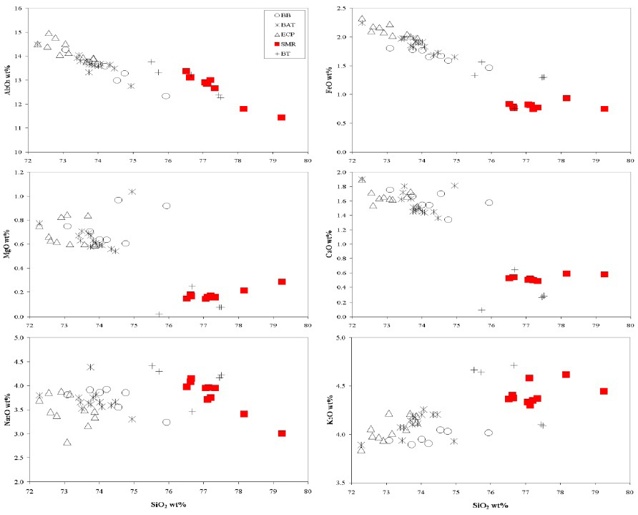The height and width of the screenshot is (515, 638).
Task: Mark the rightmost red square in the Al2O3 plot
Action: pos(282,117)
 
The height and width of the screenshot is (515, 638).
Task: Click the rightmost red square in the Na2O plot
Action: pos(282,433)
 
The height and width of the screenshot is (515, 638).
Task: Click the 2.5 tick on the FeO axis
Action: pos(341,8)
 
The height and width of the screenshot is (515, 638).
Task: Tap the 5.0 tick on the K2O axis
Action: pos(341,337)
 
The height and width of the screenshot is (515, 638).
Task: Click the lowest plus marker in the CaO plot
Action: pos(481,310)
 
